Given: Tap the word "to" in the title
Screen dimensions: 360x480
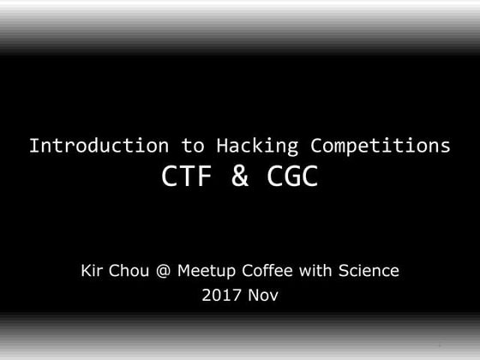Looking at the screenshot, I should coord(193,145).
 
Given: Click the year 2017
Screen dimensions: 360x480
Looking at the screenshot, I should coord(220,297).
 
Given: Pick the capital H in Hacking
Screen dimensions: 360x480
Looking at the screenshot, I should coord(221,145).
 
